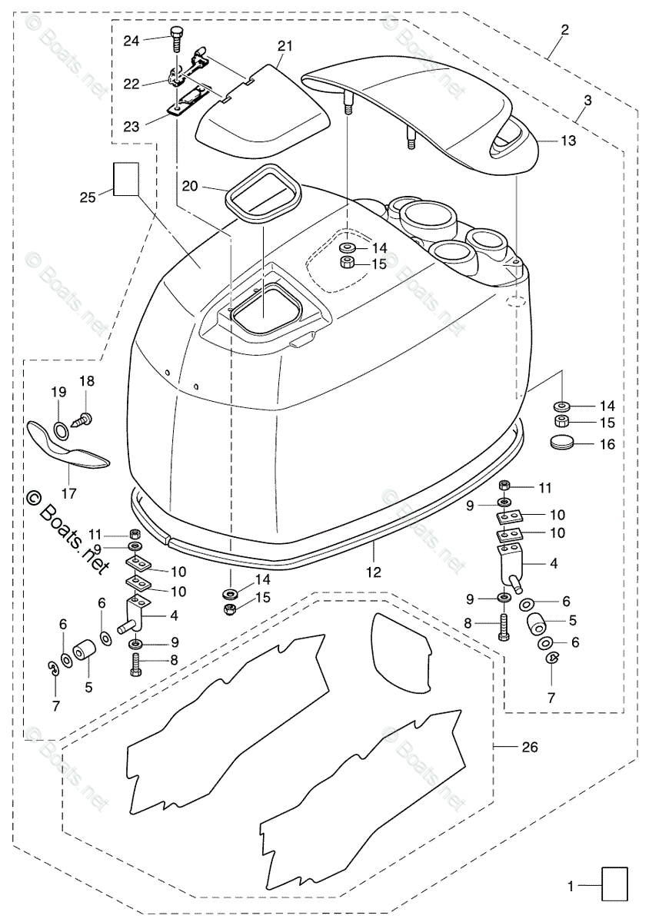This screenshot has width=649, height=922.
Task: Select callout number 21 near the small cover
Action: click(x=285, y=46)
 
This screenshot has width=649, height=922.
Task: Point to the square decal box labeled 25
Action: click(x=126, y=179)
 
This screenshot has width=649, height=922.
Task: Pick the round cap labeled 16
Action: click(x=561, y=442)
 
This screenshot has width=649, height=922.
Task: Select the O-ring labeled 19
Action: click(x=61, y=432)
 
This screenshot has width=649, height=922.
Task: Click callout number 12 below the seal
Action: click(x=374, y=572)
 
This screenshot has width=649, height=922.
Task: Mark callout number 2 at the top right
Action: click(x=564, y=30)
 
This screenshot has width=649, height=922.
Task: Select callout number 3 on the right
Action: click(x=587, y=100)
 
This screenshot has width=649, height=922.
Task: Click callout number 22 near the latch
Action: click(x=131, y=84)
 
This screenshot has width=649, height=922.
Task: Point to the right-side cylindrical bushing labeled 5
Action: click(x=537, y=623)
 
